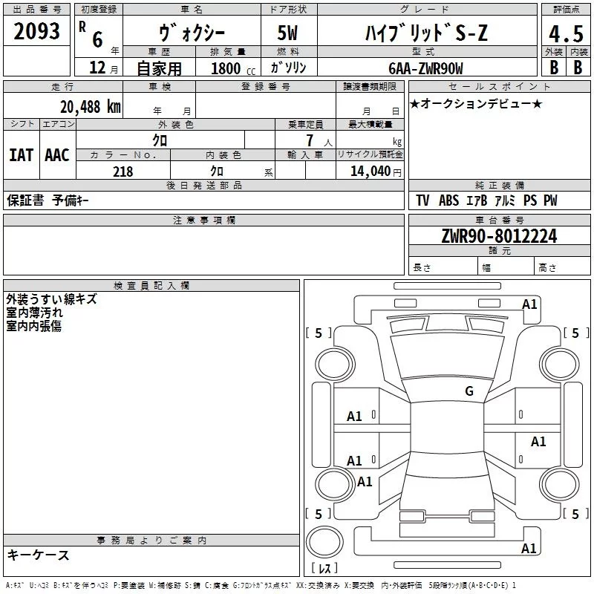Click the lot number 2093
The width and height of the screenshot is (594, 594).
[x=37, y=30]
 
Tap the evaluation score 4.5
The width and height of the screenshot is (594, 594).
[x=564, y=34]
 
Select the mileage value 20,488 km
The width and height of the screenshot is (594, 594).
[x=88, y=106]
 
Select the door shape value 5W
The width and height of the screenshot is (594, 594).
[x=290, y=34]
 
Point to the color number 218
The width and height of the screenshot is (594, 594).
[x=123, y=172]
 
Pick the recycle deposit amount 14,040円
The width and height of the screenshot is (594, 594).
[x=376, y=172]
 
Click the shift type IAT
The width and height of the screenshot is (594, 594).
[x=22, y=155]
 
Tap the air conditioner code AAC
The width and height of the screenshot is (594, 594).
[x=56, y=155]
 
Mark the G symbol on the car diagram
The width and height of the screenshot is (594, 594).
[x=469, y=391]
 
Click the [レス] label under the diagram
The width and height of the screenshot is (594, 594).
[x=324, y=569]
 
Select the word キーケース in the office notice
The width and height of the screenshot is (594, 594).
[x=39, y=555]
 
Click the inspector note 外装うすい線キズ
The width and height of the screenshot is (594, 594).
[x=51, y=300]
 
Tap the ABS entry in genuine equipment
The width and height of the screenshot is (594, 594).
[x=448, y=200]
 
